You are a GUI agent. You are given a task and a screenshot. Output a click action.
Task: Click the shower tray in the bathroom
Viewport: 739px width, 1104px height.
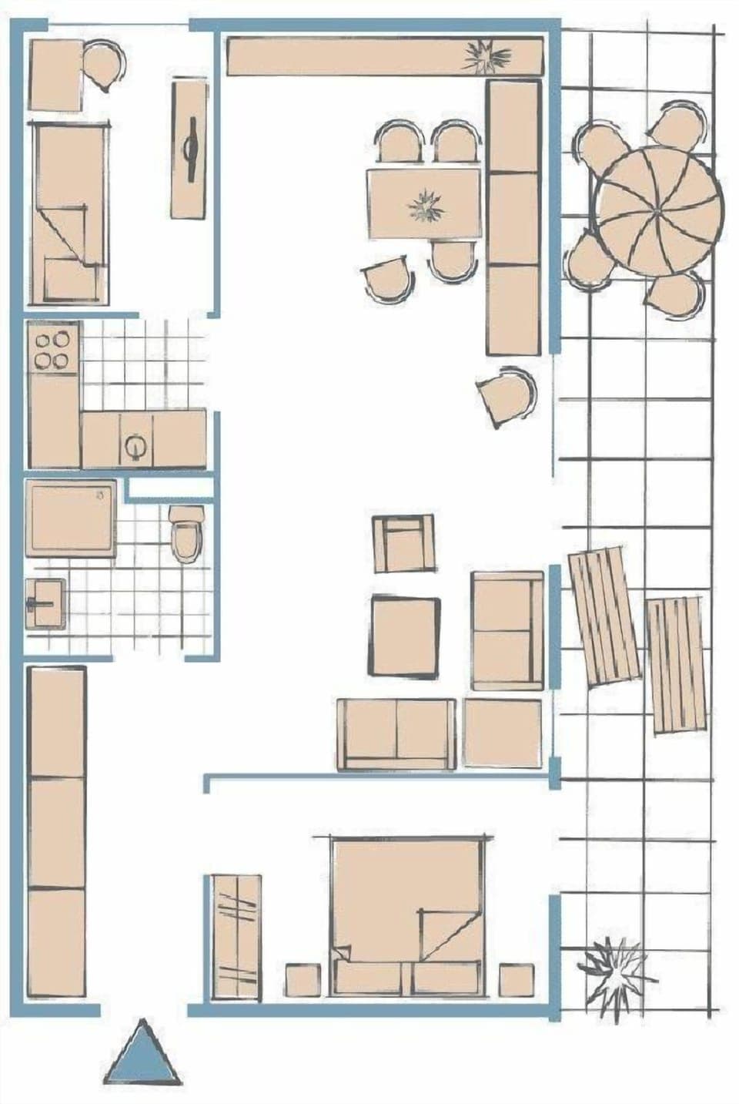point(71,518)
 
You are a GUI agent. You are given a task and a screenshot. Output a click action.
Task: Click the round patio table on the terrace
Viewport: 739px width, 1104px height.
point(659,210)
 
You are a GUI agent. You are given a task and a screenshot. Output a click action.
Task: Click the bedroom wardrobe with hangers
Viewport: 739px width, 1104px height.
point(236,937)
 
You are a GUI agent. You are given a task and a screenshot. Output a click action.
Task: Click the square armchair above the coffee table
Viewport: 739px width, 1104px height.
point(403,543)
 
